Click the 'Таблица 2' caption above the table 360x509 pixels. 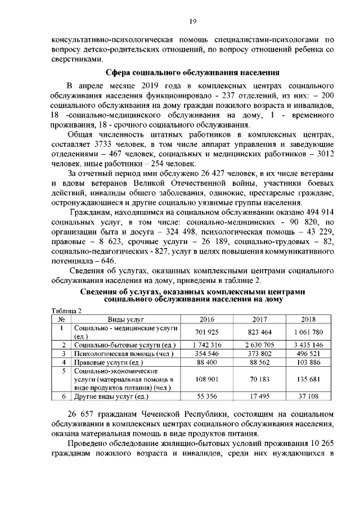tap(66, 310)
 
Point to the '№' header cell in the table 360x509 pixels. tap(60, 318)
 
